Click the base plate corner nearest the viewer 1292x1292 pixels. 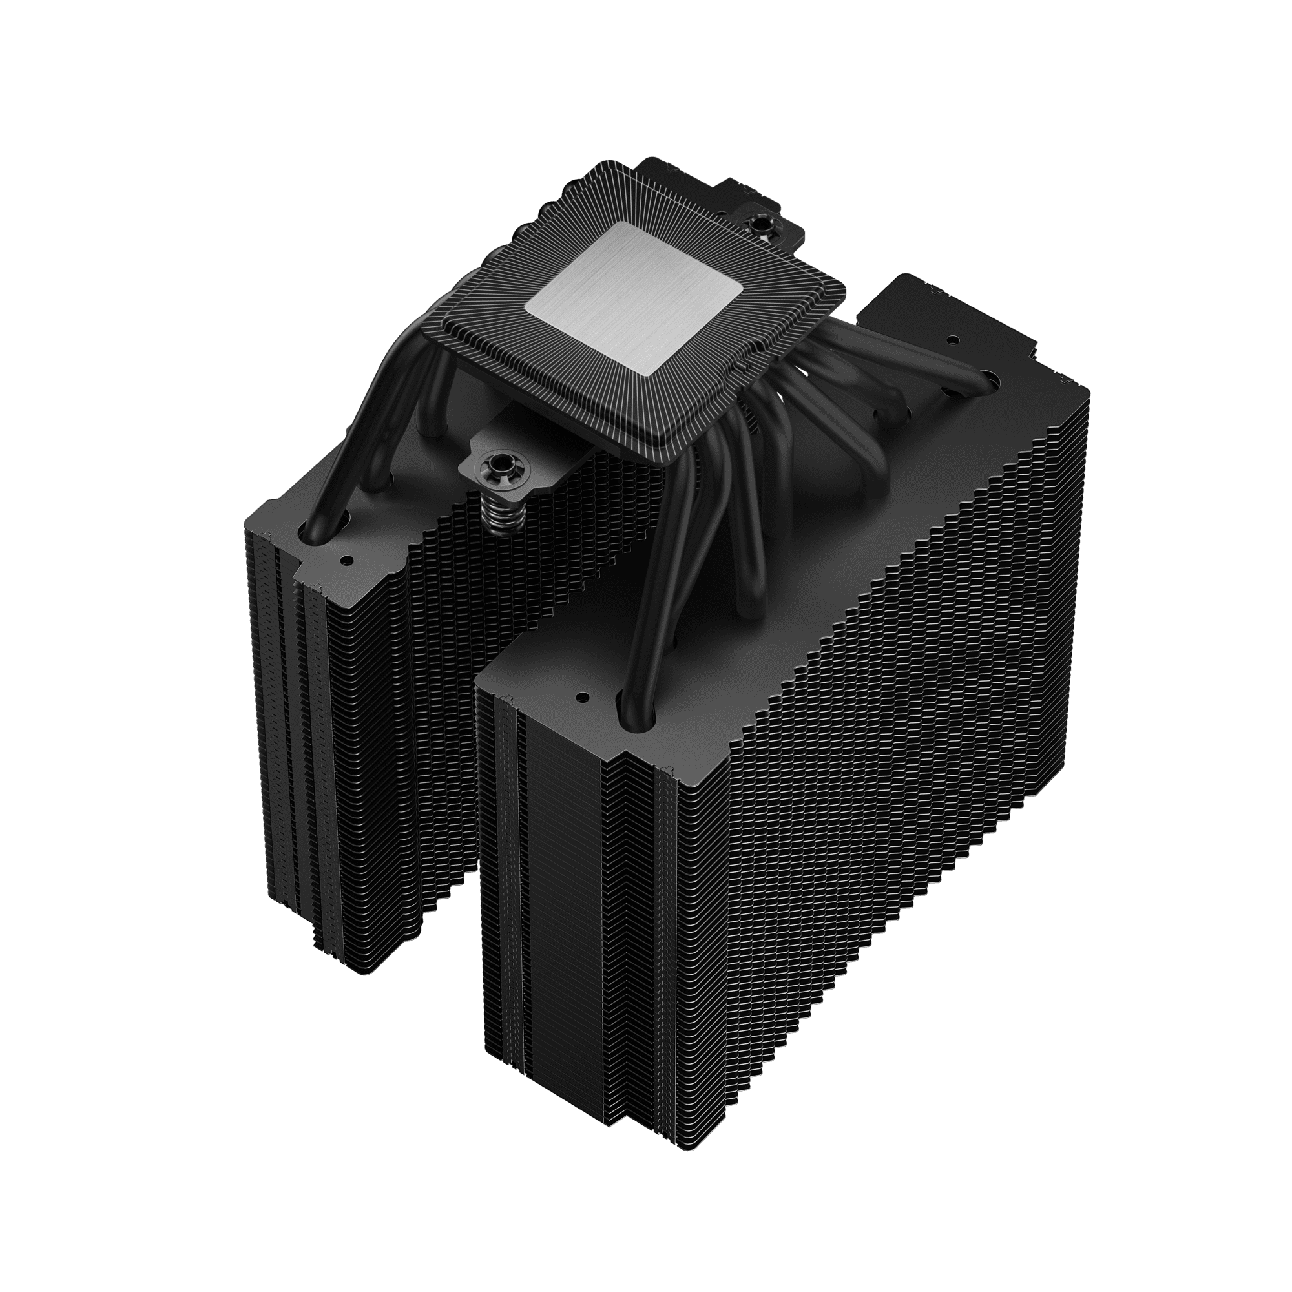665,460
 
